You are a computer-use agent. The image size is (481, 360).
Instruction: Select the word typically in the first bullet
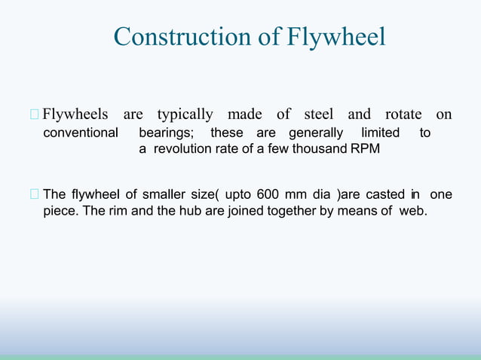(185, 114)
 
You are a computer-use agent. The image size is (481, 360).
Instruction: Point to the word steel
(319, 114)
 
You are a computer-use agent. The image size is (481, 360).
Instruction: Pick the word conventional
(81, 133)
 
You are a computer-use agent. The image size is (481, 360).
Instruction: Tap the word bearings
(169, 133)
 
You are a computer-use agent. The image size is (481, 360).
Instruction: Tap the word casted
(385, 194)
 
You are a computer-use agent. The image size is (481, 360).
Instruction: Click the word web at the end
(412, 210)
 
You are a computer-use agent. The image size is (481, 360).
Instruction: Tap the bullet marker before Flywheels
(34, 115)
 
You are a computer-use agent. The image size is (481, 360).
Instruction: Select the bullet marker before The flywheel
(34, 195)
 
